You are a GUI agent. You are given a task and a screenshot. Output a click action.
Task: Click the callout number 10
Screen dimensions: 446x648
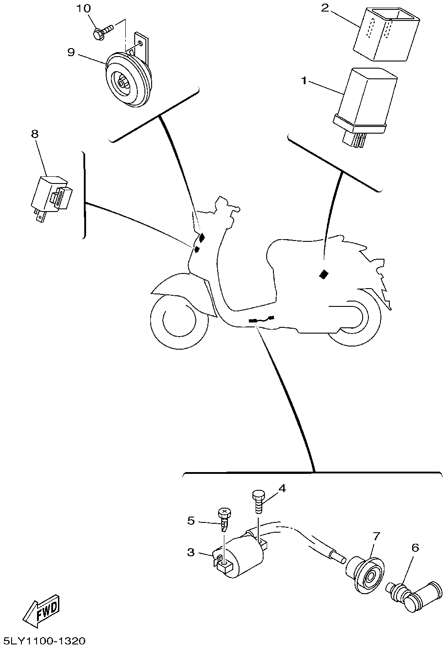coord(84,8)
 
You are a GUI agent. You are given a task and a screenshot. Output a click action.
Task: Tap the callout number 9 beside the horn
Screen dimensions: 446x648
coord(71,53)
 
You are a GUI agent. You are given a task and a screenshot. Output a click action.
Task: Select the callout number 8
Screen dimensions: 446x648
coord(35,134)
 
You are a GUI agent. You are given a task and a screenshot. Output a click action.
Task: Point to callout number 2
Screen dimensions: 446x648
coord(325,8)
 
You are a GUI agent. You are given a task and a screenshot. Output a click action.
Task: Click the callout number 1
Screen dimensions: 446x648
coord(304,81)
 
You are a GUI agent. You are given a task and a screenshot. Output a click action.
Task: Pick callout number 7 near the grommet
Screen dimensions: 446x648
coord(376,536)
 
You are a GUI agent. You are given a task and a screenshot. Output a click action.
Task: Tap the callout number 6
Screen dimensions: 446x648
coord(415,548)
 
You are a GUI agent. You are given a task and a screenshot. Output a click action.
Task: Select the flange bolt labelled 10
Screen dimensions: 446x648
coord(103,32)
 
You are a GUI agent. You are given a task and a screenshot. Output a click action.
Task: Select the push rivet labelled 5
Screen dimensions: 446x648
coord(224,520)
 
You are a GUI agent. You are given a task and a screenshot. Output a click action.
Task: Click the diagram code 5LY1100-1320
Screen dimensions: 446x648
coord(42,640)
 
